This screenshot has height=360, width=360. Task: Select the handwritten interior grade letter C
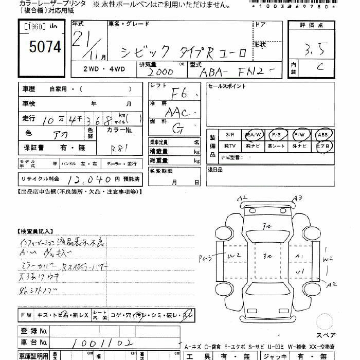pyautogui.click(x=319, y=66)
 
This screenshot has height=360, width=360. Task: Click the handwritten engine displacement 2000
pyautogui.click(x=161, y=73)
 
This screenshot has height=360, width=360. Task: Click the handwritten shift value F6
pyautogui.click(x=179, y=94)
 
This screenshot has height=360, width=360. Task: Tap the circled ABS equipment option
pyautogui.click(x=322, y=134)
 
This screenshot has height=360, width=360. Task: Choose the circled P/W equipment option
pyautogui.click(x=299, y=134)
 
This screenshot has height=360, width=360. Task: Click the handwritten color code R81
pyautogui.click(x=120, y=148)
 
